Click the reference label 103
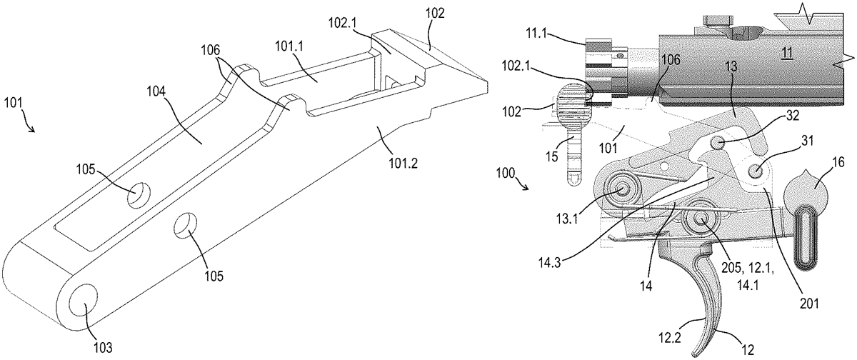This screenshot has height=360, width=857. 103,348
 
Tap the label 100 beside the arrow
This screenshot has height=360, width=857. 503,174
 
